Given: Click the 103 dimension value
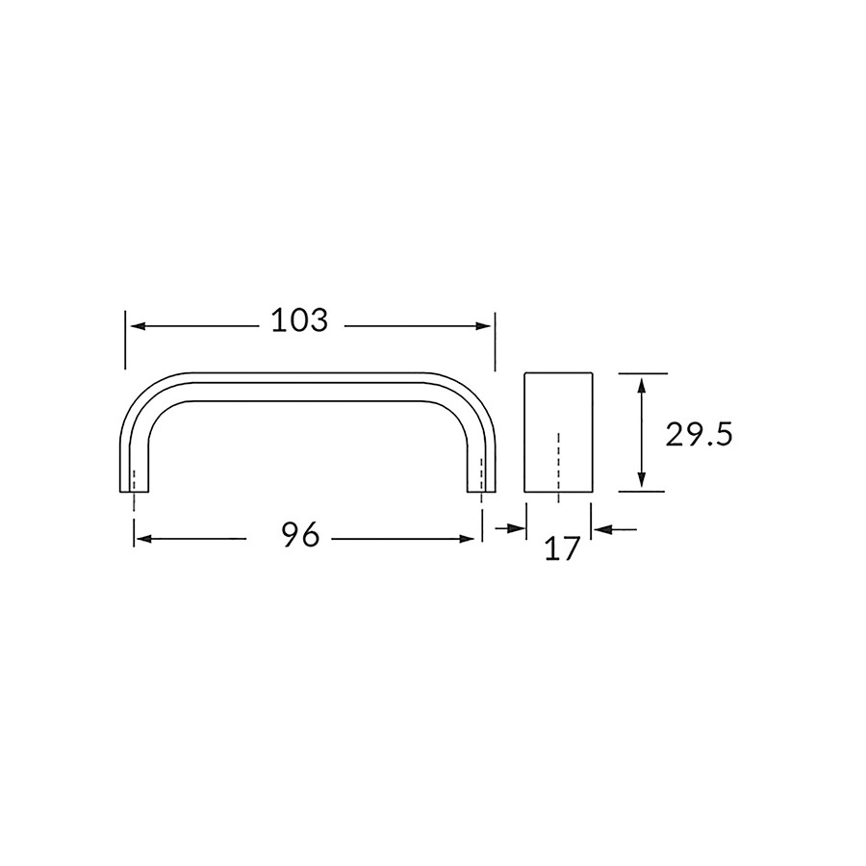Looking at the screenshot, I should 299,321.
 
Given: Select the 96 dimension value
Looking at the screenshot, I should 301,536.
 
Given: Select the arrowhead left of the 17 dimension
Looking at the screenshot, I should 517,528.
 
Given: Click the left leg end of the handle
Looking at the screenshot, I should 136,490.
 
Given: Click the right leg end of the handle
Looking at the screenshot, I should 481,490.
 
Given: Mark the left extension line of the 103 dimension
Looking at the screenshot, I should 125,340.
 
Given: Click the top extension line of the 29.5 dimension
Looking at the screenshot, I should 642,372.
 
